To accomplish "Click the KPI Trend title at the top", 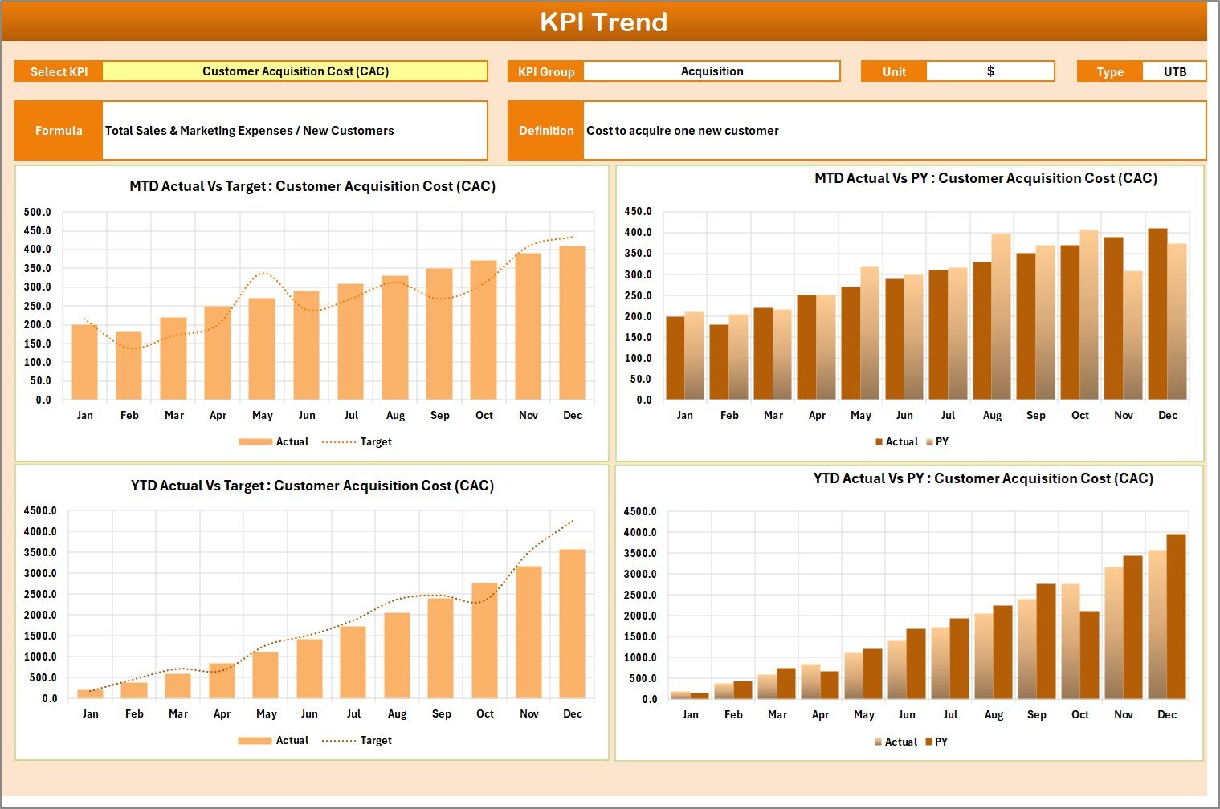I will click(603, 22).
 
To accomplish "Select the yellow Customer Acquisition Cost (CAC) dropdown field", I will click(295, 71).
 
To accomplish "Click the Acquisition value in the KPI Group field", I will click(712, 71).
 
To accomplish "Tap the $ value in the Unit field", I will click(989, 71).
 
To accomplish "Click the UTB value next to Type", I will click(1174, 71).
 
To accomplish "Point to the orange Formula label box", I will click(59, 130).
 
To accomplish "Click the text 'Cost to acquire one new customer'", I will click(682, 130).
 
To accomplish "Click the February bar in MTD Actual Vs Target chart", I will click(129, 366).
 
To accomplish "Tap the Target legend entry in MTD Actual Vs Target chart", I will click(375, 441).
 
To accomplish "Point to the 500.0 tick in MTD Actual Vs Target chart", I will click(37, 213).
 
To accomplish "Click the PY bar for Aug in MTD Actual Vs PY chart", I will click(1001, 317).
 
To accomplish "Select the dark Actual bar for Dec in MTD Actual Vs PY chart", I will click(1157, 314).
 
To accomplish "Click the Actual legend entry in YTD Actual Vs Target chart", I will click(292, 740).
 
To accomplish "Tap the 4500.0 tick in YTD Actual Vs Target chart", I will click(40, 510).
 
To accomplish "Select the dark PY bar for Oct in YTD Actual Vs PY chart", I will click(1089, 655).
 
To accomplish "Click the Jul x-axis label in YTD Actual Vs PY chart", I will click(950, 714).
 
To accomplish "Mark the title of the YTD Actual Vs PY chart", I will click(983, 478).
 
